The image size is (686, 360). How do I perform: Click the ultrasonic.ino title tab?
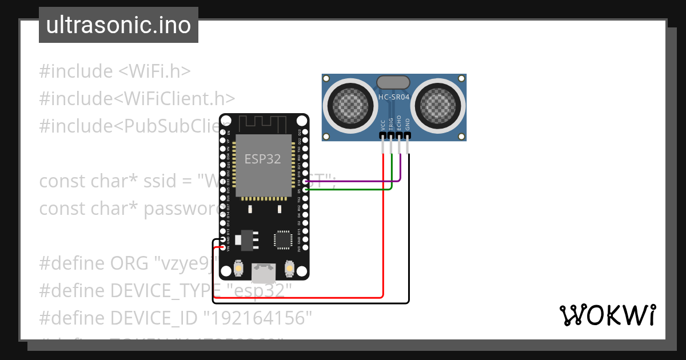coord(118,25)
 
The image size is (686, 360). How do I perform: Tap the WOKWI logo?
coord(607,315)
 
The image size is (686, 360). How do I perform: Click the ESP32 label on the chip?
coord(262,159)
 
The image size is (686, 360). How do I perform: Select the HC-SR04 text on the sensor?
coord(394,98)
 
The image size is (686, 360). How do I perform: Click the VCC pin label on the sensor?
coord(382,125)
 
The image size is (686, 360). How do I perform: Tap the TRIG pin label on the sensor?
coord(391,125)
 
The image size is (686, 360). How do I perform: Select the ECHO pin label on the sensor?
coord(399,125)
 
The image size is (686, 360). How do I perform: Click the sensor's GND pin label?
coord(408,125)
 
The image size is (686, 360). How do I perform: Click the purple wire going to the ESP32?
coord(354,182)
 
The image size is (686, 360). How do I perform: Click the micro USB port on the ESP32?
coord(264,273)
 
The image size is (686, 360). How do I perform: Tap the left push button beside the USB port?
coord(238,268)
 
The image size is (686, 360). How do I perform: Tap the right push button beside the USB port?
coord(289,268)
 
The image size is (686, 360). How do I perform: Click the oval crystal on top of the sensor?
coord(393,82)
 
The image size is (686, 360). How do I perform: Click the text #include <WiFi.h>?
coord(114,71)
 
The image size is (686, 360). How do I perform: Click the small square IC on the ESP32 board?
coord(283,239)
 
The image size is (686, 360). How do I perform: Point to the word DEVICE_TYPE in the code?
coord(169,291)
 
